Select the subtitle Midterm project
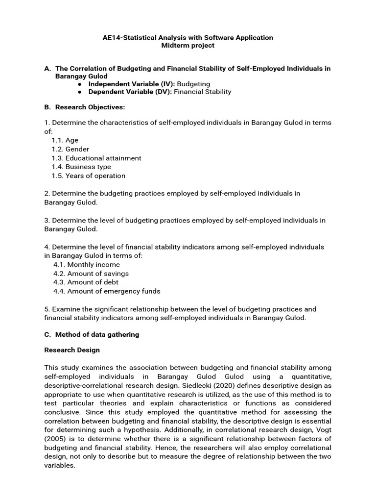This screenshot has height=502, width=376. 188,46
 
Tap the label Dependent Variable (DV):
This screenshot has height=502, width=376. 130,92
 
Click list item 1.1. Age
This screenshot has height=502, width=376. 65,140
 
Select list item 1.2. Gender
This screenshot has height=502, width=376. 70,149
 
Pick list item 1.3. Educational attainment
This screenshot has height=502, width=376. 96,158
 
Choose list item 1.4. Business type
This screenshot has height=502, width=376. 81,167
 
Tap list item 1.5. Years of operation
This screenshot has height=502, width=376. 89,176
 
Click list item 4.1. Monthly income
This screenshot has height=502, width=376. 87,265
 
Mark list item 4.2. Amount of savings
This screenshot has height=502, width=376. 91,274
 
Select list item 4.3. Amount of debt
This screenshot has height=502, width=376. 86,282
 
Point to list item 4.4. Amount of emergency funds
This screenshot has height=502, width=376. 107,291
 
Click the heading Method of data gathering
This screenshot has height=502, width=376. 97,334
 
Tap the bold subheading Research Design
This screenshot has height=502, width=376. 72,350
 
